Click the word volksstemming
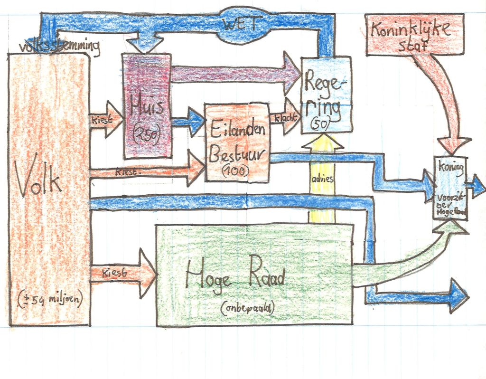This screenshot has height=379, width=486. (x=59, y=47)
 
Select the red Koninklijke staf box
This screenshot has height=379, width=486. (x=414, y=35)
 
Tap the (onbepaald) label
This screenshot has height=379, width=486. (x=247, y=309)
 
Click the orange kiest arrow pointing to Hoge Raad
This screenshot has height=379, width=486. (x=123, y=274)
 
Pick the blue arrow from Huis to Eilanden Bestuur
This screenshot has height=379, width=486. (x=188, y=120)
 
